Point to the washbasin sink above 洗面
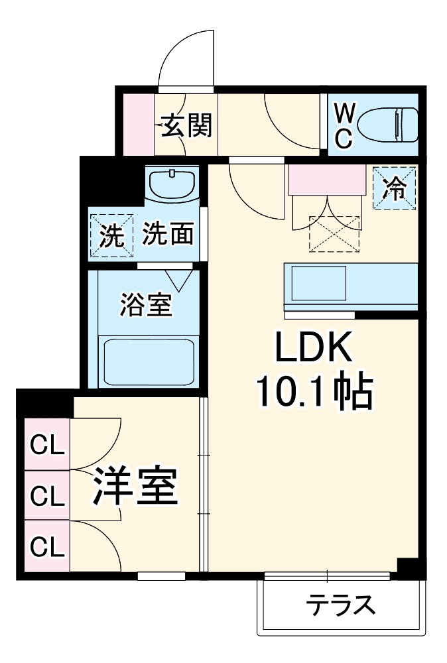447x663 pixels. [172, 183]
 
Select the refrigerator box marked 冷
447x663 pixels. [395, 188]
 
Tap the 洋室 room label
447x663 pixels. [135, 489]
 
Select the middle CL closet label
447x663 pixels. [48, 495]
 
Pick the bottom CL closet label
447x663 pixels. [48, 546]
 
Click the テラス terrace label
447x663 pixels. [340, 605]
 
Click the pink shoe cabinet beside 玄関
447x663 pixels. [139, 124]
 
